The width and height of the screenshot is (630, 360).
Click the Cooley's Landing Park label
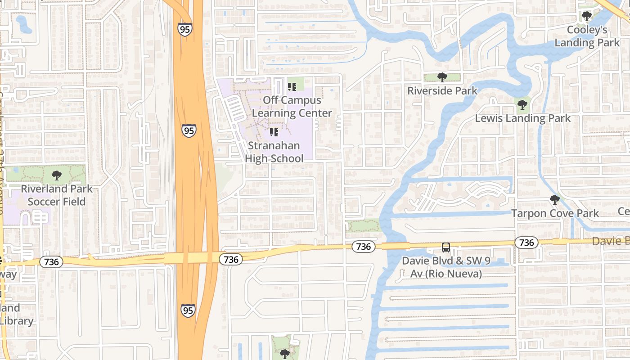(587, 36)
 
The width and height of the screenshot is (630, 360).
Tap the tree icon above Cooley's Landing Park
(586, 17)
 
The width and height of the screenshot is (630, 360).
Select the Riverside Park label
(442, 90)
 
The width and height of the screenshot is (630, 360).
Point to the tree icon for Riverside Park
(442, 77)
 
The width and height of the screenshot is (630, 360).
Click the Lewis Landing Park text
(523, 118)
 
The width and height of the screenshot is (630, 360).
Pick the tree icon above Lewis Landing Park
(522, 105)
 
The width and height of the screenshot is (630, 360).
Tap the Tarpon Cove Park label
(555, 213)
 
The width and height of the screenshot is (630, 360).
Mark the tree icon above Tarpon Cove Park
(555, 200)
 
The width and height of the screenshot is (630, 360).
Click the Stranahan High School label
(274, 152)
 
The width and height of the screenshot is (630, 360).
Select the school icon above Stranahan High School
(274, 132)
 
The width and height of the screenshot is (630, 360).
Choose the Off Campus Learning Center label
(292, 107)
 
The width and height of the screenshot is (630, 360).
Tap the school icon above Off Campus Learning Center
(292, 86)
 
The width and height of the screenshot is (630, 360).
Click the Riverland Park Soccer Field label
(57, 195)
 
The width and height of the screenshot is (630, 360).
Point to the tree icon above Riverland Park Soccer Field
(56, 175)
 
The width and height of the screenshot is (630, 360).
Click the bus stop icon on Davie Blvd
(445, 247)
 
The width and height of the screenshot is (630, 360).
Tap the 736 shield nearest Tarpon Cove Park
(526, 243)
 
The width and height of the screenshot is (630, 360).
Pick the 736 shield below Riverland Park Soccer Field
(51, 262)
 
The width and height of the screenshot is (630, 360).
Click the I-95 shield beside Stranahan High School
(189, 131)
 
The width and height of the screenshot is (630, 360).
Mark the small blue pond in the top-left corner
(24, 24)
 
